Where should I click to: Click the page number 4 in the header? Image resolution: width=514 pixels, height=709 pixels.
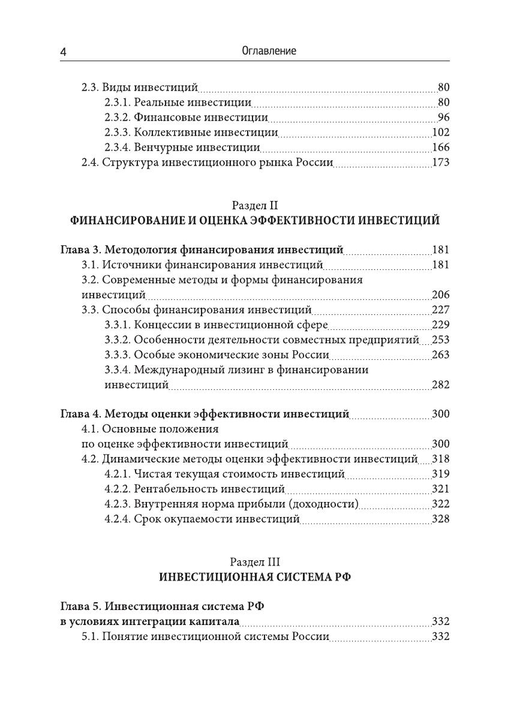[64, 53]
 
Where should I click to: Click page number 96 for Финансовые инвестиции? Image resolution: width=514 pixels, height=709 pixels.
[443, 117]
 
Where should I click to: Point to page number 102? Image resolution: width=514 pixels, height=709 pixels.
[440, 133]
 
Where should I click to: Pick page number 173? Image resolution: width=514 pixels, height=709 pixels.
[440, 163]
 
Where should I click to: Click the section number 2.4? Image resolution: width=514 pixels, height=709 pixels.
[90, 163]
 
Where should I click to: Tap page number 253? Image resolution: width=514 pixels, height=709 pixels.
[440, 340]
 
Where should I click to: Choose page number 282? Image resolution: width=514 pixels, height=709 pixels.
[440, 385]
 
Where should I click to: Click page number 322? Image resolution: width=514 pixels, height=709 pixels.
[440, 504]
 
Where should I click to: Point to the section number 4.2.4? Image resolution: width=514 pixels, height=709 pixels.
[117, 519]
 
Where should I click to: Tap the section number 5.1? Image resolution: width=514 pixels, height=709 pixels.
[90, 636]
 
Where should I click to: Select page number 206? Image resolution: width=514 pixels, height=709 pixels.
[440, 295]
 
